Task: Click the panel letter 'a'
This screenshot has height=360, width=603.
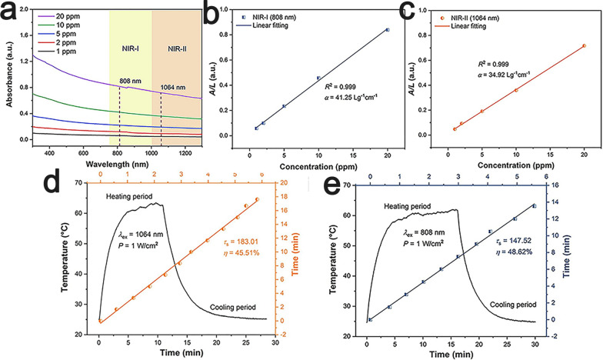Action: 9,12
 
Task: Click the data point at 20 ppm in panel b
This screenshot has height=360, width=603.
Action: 388,29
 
